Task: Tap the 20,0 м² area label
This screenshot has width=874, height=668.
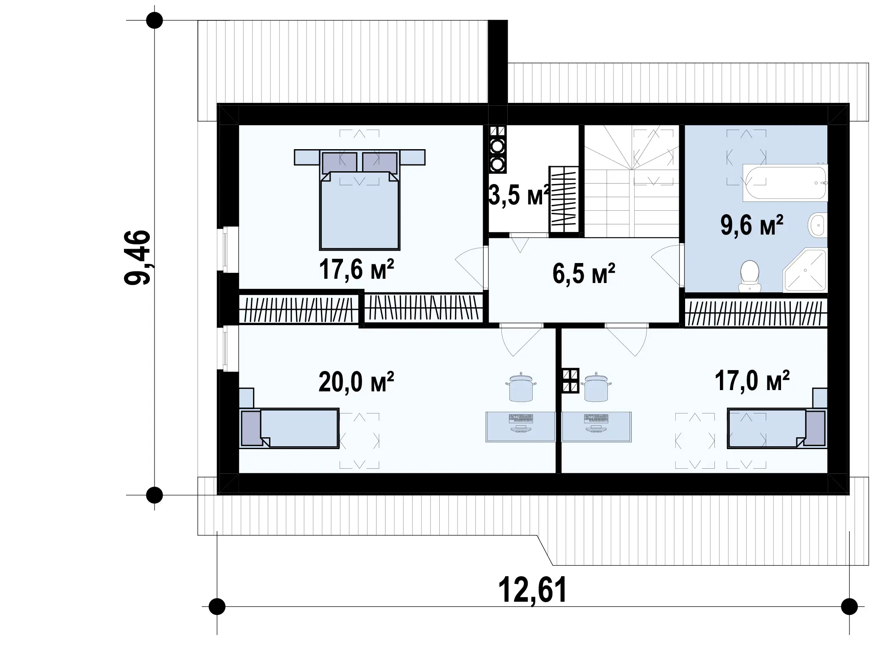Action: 356,382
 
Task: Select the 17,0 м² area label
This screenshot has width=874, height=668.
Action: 752,380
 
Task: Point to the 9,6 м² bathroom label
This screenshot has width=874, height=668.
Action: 752,225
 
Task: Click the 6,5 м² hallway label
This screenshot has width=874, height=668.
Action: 584,274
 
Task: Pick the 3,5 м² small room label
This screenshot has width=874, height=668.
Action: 519,195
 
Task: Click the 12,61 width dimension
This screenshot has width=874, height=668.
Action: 532,590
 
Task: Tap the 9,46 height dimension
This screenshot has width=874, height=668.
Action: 137,257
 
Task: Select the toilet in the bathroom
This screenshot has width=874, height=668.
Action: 750,276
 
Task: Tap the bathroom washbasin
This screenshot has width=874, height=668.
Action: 817,225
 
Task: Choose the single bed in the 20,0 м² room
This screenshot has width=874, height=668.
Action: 289,428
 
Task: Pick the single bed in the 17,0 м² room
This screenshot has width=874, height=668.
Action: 777,428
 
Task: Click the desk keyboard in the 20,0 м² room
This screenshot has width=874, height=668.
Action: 520,419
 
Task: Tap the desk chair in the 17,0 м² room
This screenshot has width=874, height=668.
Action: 596,387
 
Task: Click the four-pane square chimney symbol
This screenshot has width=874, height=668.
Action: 570,381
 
